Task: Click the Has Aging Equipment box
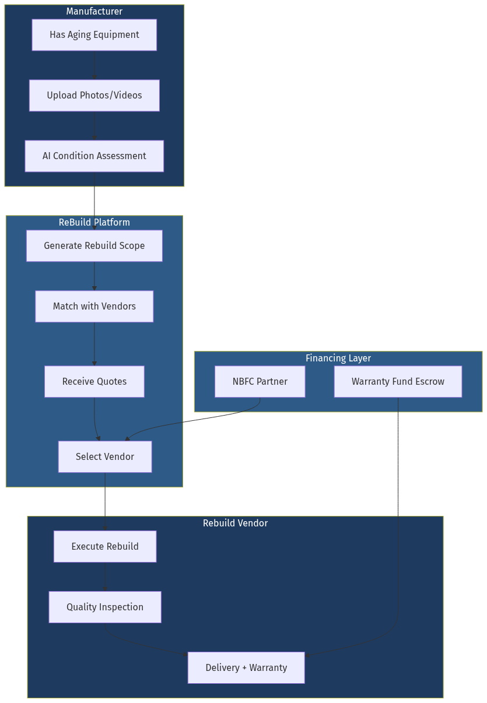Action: pyautogui.click(x=94, y=35)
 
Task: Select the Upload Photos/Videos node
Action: pyautogui.click(x=94, y=96)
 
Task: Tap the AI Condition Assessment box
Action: pyautogui.click(x=94, y=156)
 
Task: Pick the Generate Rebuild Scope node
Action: pyautogui.click(x=94, y=246)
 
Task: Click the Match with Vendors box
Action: pyautogui.click(x=94, y=307)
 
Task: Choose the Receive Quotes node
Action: pyautogui.click(x=94, y=382)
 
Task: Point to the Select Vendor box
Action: pyautogui.click(x=105, y=457)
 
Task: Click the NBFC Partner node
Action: pyautogui.click(x=260, y=382)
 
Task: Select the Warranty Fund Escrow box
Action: pyautogui.click(x=398, y=382)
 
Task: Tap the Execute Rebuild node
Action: pyautogui.click(x=105, y=547)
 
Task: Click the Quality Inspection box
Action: pyautogui.click(x=105, y=607)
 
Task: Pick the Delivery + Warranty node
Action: pyautogui.click(x=246, y=668)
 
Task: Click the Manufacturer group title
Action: pyautogui.click(x=94, y=12)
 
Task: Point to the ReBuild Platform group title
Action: pyautogui.click(x=94, y=223)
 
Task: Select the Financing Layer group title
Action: pyautogui.click(x=338, y=358)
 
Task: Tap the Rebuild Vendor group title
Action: pyautogui.click(x=235, y=523)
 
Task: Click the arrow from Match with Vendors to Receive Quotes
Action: pyautogui.click(x=94, y=344)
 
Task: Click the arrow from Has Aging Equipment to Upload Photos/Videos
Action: pyautogui.click(x=94, y=65)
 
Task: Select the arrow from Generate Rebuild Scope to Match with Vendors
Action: pyautogui.click(x=94, y=276)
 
